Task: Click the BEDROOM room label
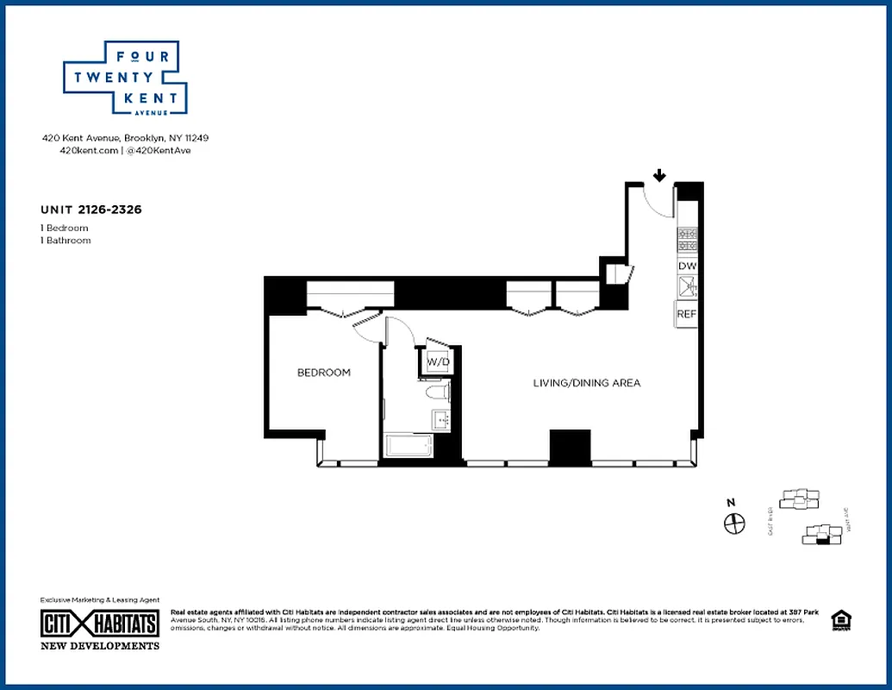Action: (324, 373)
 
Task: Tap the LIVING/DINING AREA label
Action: (586, 383)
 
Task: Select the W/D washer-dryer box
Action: (437, 361)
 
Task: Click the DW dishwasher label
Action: (687, 267)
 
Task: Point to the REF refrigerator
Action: (686, 314)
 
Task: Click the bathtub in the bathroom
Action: (409, 447)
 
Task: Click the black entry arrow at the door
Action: (659, 176)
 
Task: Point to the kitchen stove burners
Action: (688, 239)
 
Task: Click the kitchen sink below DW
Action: (687, 287)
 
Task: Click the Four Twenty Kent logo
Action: (126, 78)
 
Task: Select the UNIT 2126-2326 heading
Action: (91, 209)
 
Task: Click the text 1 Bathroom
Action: (65, 241)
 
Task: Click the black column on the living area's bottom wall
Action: (570, 446)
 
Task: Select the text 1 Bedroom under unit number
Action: (65, 228)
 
